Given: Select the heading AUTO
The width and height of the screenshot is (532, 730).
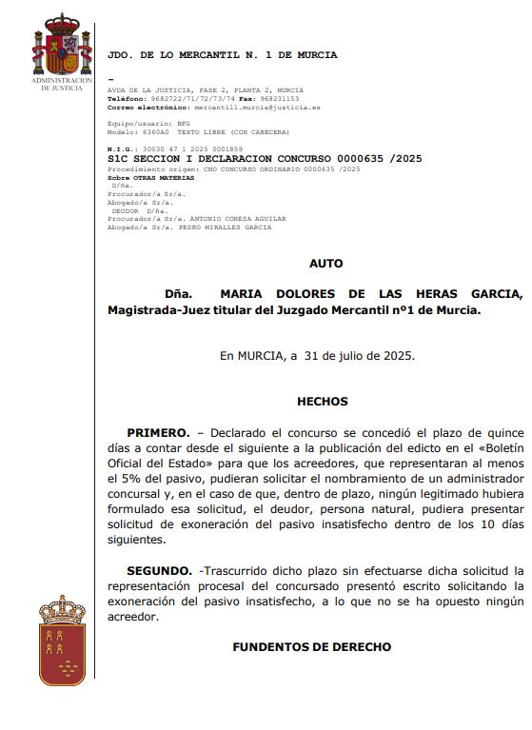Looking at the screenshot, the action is [x=326, y=264].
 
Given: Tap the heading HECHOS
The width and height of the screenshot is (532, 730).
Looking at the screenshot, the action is [x=323, y=402].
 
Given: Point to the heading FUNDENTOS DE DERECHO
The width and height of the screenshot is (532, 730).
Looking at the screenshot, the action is [x=312, y=647].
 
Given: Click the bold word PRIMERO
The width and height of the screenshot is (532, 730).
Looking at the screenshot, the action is [x=158, y=433].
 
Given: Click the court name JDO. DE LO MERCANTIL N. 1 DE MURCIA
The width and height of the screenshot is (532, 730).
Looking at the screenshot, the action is [x=223, y=55].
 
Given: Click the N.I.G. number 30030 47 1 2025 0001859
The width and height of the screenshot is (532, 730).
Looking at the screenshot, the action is [x=188, y=149].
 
